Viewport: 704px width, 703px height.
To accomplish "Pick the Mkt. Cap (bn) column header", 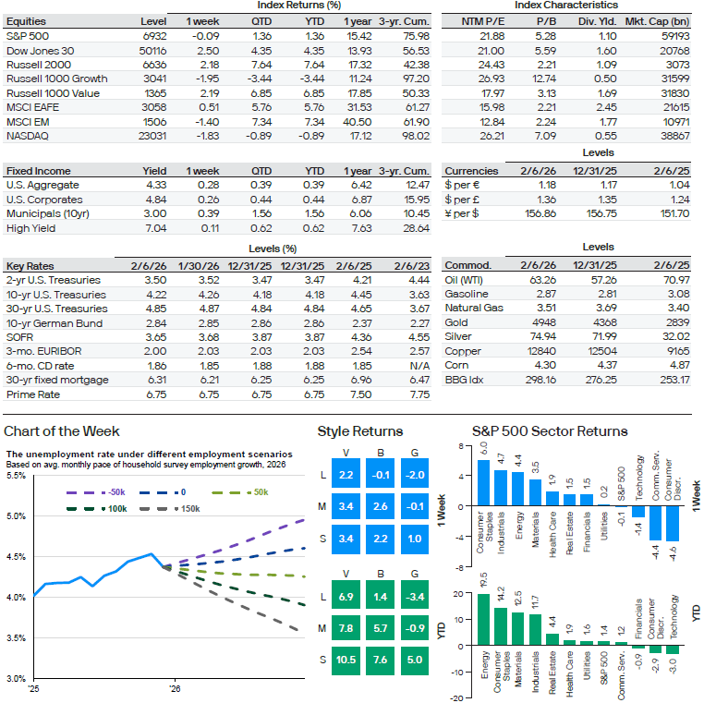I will [660, 19].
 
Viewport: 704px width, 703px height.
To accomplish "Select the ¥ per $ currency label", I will [463, 212].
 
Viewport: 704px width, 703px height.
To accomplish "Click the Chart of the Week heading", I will [62, 431].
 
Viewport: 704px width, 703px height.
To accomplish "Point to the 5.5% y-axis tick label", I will [16, 476].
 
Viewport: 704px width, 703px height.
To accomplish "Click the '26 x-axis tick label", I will [174, 688].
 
